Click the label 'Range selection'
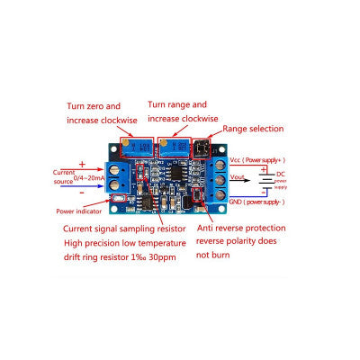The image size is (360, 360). click(253, 129)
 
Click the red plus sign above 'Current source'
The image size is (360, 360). click(82, 165)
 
